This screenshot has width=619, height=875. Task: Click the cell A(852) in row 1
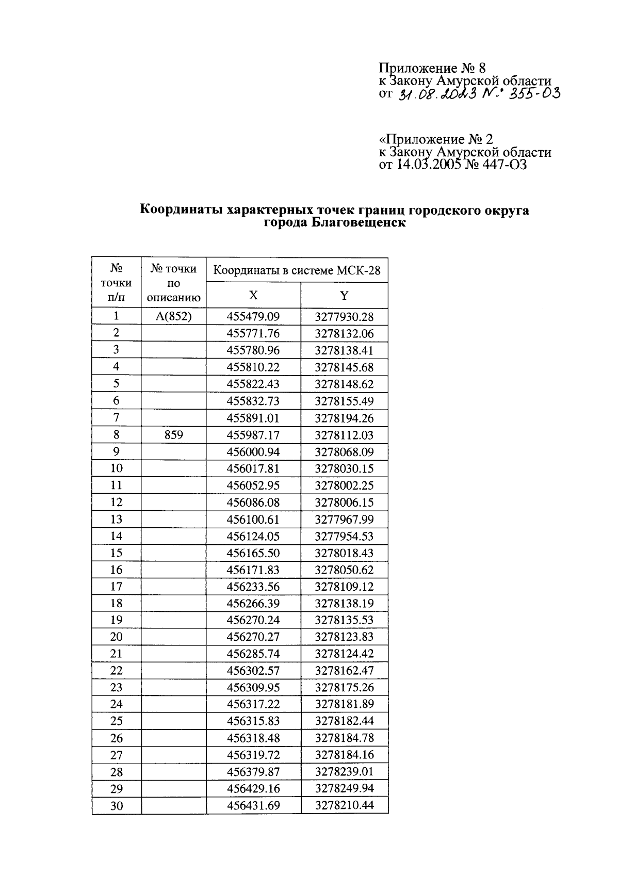(x=174, y=316)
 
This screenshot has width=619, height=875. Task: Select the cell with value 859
(x=174, y=435)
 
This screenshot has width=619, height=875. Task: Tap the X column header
(x=253, y=295)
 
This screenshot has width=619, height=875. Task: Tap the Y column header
(x=344, y=295)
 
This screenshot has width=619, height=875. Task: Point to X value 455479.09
(x=253, y=316)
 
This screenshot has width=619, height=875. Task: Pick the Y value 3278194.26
(x=344, y=418)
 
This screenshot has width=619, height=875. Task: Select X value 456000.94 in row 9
(x=253, y=452)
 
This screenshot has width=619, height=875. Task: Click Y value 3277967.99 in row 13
(x=344, y=520)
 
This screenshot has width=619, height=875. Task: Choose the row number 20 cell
(x=117, y=637)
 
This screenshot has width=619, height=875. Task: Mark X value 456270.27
(x=253, y=637)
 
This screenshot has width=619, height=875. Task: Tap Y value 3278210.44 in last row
(x=344, y=805)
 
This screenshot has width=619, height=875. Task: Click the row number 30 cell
(x=117, y=805)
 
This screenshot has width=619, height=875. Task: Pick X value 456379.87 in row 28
(x=253, y=772)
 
